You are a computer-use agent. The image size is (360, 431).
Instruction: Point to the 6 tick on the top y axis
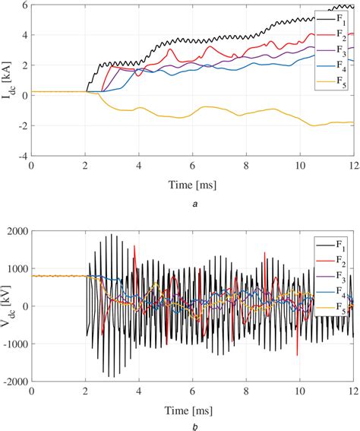click(24, 5)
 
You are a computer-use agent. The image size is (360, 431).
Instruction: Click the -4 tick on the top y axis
click(22, 156)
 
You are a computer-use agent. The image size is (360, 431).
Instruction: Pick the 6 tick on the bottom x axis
click(192, 391)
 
